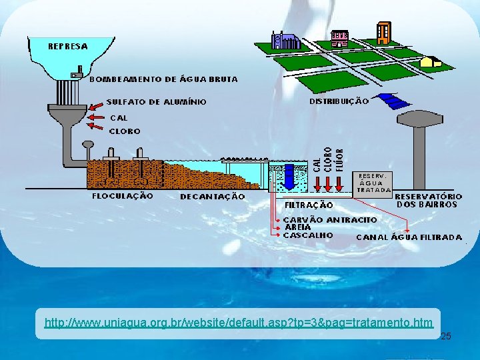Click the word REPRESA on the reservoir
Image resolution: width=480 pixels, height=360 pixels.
click(67, 46)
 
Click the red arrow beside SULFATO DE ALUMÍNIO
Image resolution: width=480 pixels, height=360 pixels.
click(96, 104)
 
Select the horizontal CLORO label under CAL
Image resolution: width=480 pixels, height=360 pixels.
click(125, 131)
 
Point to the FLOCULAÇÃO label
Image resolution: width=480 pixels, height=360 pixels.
click(122, 196)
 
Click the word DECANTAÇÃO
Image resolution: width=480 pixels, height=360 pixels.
click(212, 197)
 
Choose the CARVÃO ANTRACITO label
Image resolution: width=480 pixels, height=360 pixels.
click(330, 219)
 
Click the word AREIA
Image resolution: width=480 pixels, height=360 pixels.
click(297, 227)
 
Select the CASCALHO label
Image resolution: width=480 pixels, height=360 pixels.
click(308, 235)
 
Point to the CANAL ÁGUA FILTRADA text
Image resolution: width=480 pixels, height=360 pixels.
click(409, 237)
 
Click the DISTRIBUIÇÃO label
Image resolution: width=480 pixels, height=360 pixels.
click(339, 101)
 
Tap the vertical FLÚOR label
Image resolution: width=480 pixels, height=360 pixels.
click(339, 160)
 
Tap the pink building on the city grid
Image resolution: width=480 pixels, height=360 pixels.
click(339, 38)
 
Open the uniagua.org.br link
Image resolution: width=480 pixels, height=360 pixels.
click(238, 323)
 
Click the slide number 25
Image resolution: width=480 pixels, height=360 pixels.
click(446, 336)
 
